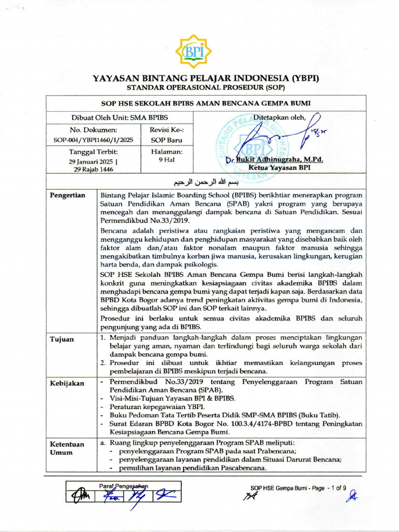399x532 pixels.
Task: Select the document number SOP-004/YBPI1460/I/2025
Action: [x=94, y=140]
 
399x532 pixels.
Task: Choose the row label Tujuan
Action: [x=61, y=340]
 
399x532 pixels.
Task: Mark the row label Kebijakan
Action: [x=66, y=383]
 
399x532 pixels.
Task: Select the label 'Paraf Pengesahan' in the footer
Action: [x=124, y=486]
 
